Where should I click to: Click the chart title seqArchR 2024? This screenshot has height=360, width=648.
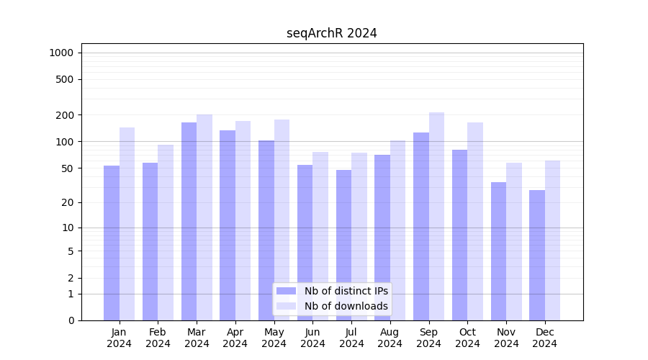(331, 33)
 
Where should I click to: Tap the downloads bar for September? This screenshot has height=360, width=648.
(436, 216)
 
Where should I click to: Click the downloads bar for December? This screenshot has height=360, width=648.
(552, 240)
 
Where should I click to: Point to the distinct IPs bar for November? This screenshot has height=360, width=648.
(498, 251)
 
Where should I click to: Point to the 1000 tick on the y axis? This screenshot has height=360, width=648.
(61, 53)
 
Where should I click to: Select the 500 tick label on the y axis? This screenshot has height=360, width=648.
(65, 79)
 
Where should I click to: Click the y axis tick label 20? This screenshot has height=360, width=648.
(68, 202)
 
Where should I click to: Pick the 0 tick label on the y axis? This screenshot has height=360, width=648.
(71, 320)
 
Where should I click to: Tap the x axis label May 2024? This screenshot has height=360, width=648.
(274, 338)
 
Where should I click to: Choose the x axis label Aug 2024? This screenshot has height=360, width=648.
(390, 338)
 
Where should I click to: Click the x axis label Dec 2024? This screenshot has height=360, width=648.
(545, 338)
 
